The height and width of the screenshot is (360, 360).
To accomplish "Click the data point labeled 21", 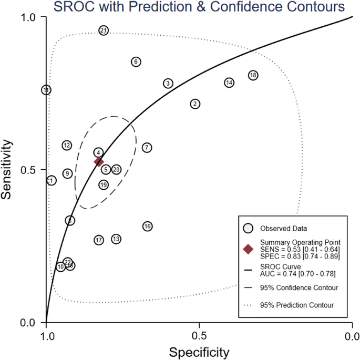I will click(104, 30).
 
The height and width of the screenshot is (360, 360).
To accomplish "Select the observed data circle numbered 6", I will click(136, 62).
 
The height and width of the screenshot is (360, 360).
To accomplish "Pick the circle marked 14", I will click(229, 83).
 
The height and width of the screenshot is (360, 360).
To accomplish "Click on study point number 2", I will click(195, 104).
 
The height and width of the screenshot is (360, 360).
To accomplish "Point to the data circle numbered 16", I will click(148, 226).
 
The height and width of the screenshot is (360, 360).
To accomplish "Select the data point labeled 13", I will click(116, 239).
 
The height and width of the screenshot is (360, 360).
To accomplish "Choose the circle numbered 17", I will click(99, 240).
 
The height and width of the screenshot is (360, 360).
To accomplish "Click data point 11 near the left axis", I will click(47, 90).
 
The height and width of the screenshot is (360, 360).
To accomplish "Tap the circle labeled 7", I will click(147, 148).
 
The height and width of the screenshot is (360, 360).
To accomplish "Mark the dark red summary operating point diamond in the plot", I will click(99, 162).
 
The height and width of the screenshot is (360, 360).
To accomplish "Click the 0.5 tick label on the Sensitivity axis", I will click(33, 170).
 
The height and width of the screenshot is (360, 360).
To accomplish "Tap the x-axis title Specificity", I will click(199, 352).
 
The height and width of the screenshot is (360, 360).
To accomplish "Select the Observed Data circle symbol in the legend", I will click(249, 228).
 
